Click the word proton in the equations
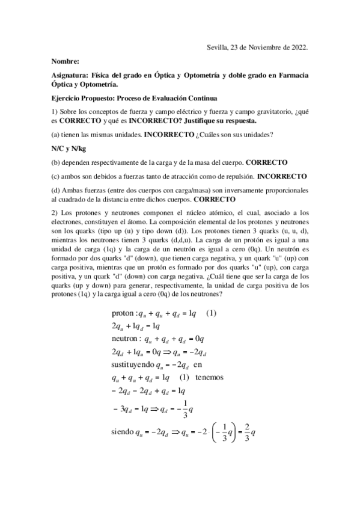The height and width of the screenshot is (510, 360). pyautogui.click(x=124, y=313)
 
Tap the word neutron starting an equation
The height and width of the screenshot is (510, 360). pyautogui.click(x=126, y=339)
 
